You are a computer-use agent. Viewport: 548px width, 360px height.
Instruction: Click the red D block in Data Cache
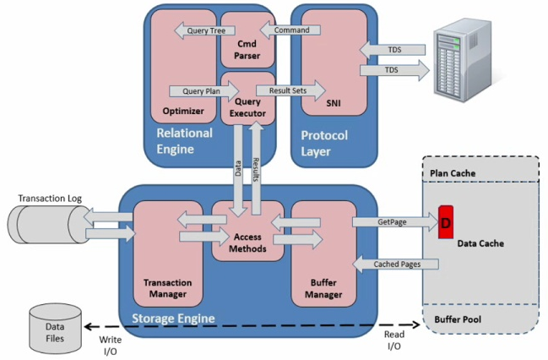pos(445,222)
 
